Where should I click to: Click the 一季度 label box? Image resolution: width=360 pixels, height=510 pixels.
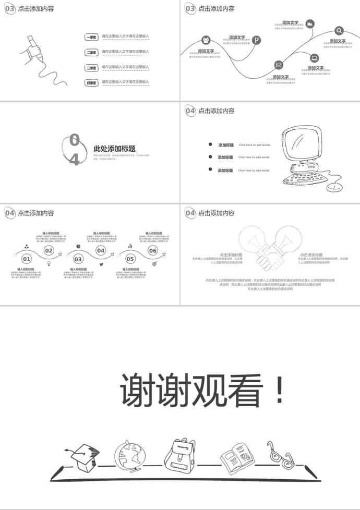click(91, 37)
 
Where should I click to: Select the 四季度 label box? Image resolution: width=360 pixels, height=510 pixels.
click(91, 82)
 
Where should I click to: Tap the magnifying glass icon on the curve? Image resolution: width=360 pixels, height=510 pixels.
click(339, 31)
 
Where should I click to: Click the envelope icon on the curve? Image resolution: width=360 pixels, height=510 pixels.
click(279, 65)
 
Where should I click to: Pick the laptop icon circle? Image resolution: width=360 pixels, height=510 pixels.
click(314, 58)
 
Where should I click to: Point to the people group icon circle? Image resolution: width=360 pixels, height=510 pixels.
click(206, 40)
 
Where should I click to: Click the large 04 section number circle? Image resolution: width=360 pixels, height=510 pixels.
click(74, 149)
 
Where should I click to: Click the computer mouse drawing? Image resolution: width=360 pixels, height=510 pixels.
click(333, 186)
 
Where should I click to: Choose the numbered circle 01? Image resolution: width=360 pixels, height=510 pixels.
click(27, 259)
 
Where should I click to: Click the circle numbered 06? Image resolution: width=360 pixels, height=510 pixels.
click(153, 251)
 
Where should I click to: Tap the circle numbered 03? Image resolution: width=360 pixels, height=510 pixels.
click(78, 259)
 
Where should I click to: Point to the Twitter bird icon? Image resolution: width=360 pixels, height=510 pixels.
click(101, 264)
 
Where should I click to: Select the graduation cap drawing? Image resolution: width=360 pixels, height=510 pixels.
click(83, 455)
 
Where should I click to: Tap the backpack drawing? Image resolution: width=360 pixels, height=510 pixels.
click(180, 454)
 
